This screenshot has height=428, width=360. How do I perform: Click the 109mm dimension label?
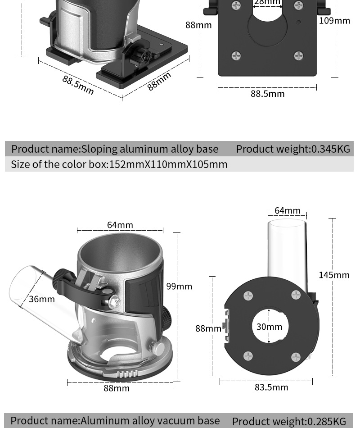[334, 21]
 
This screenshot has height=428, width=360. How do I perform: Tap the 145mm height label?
[334, 275]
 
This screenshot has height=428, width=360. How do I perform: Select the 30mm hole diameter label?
[269, 327]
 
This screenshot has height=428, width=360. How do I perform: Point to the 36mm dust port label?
[42, 299]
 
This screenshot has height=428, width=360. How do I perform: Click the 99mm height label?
[179, 287]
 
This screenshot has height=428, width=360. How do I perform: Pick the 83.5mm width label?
[271, 387]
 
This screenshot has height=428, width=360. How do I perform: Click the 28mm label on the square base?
[267, 2]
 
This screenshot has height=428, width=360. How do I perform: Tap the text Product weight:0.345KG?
[293, 149]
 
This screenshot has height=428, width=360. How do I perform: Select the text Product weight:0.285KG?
[289, 421]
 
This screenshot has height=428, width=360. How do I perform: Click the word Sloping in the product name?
[99, 149]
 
